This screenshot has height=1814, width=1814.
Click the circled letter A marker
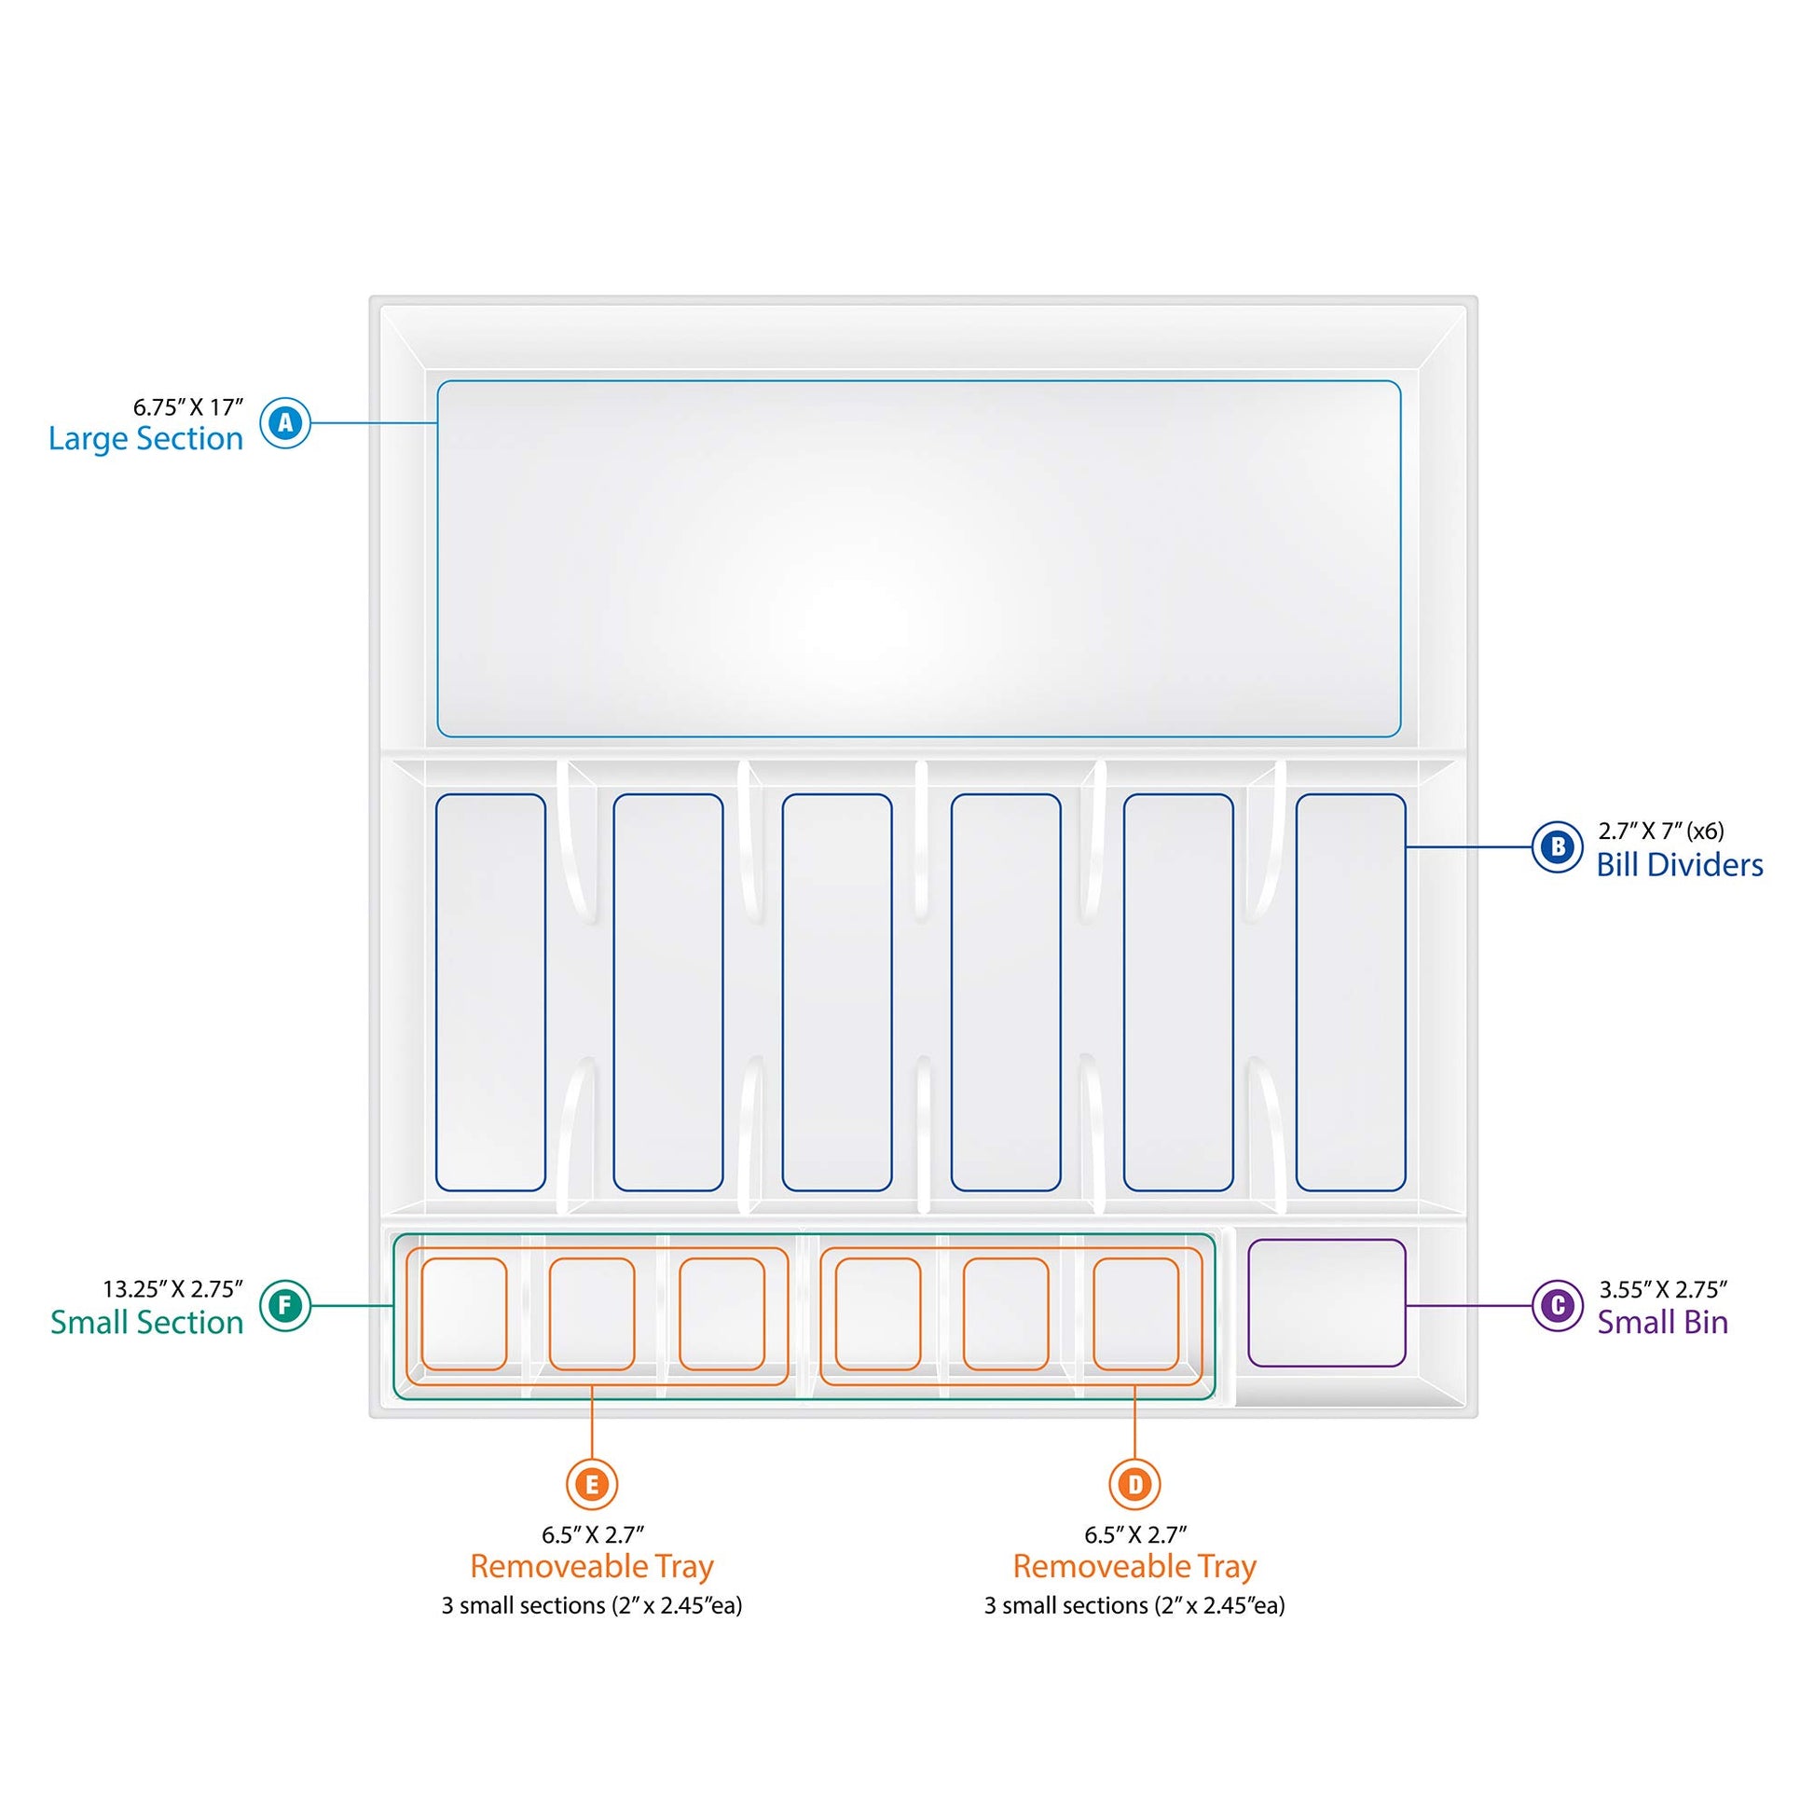pyautogui.click(x=285, y=422)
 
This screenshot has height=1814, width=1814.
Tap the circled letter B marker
pyautogui.click(x=1558, y=847)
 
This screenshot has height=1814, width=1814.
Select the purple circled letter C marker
pyautogui.click(x=1558, y=1305)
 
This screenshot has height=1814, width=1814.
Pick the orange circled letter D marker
pyautogui.click(x=1135, y=1483)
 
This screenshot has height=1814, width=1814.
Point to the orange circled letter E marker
pyautogui.click(x=592, y=1483)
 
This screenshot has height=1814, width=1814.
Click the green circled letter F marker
pyautogui.click(x=285, y=1305)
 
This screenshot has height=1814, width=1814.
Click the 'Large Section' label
pyautogui.click(x=145, y=439)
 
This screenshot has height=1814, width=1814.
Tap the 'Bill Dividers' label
pyautogui.click(x=1680, y=865)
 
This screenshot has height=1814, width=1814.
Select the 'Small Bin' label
pyautogui.click(x=1663, y=1322)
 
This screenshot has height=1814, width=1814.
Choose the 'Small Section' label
pyautogui.click(x=146, y=1322)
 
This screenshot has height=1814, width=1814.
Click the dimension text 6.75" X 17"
pyautogui.click(x=187, y=406)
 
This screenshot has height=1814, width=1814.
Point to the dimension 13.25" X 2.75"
pyautogui.click(x=172, y=1288)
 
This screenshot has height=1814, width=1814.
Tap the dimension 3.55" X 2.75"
pyautogui.click(x=1664, y=1288)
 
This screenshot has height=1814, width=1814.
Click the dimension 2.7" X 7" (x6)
pyautogui.click(x=1661, y=831)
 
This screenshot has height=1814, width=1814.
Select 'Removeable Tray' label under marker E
pyautogui.click(x=592, y=1566)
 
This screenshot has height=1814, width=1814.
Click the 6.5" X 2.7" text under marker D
pyautogui.click(x=1135, y=1534)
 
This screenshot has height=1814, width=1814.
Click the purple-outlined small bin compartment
pyautogui.click(x=1326, y=1302)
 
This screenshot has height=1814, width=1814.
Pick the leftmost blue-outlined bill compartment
pyautogui.click(x=490, y=993)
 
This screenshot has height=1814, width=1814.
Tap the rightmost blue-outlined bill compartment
pyautogui.click(x=1350, y=993)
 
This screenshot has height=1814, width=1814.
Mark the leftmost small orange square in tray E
pyautogui.click(x=464, y=1313)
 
